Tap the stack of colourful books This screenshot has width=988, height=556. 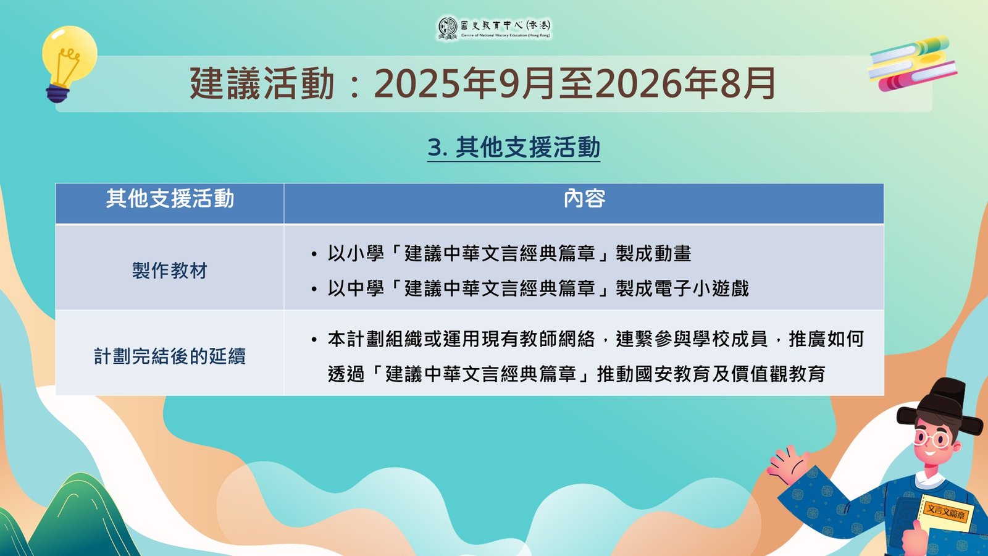coord(911,64)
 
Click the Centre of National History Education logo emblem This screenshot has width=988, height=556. coord(447,28)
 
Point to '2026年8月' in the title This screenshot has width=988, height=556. coord(685,83)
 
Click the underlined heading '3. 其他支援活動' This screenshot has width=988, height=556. coord(513,148)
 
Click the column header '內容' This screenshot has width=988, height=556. coord(584,199)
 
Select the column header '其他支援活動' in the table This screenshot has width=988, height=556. coord(170,199)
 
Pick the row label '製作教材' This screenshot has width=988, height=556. coord(169,271)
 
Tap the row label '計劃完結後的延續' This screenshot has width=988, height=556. coord(169,356)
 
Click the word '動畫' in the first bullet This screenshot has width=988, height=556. coord(672,254)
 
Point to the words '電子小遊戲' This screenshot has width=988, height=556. coord(701,289)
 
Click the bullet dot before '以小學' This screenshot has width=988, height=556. coord(314,255)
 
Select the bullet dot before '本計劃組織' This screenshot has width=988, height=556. coord(314,340)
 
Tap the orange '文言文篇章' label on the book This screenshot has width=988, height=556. coord(945,513)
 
